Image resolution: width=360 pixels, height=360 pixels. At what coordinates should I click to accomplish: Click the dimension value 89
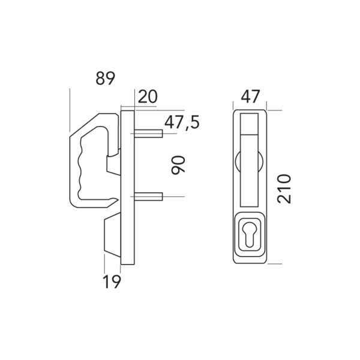[105, 78]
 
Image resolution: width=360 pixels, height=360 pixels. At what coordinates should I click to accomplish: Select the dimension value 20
[148, 97]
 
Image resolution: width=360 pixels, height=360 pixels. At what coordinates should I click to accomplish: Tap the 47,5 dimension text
[182, 122]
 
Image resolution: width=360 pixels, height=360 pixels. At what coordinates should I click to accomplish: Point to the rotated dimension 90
[178, 165]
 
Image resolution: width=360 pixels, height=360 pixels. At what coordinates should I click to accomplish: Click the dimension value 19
[112, 282]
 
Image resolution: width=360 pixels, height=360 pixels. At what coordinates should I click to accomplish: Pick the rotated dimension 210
[284, 189]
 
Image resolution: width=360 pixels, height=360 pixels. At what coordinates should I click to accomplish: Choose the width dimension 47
[250, 97]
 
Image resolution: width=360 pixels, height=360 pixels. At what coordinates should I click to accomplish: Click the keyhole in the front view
[250, 234]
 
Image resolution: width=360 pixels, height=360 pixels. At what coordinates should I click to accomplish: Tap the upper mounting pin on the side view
[148, 133]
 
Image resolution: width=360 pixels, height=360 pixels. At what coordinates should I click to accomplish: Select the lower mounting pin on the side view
[148, 197]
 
